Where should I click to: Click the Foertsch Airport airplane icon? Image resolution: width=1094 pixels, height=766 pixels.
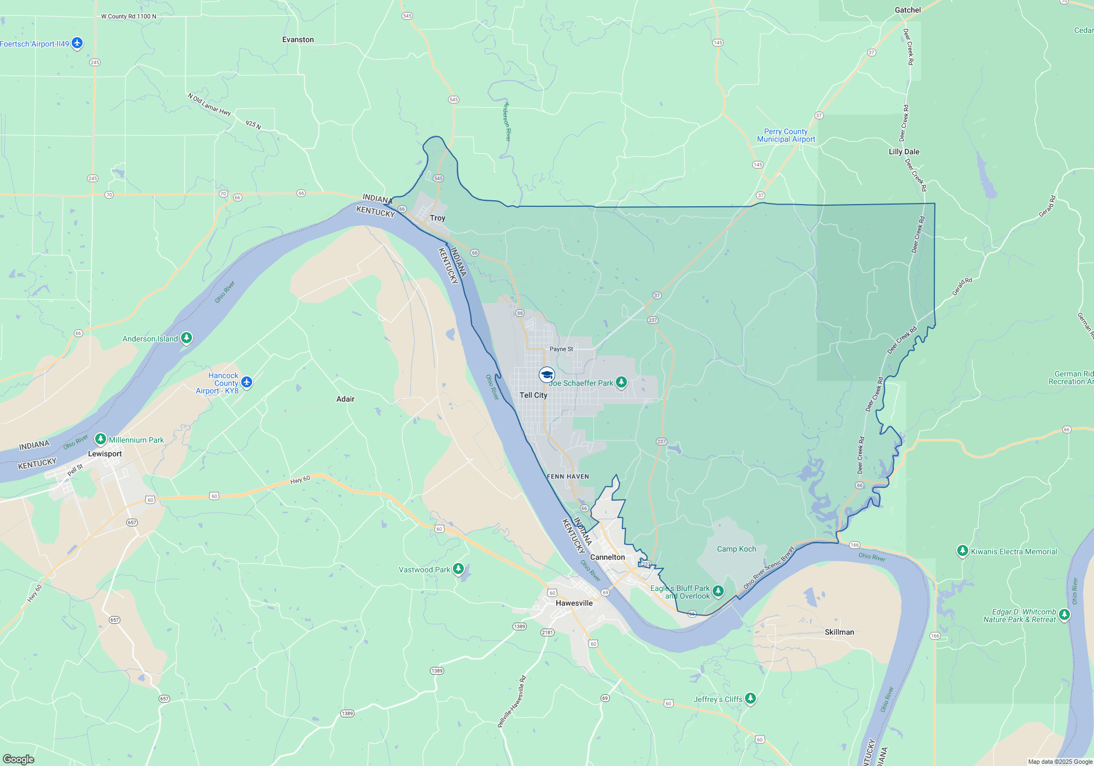[x=77, y=43]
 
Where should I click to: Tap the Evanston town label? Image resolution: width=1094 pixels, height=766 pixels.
[x=298, y=39]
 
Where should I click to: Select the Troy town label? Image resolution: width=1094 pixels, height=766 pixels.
[x=438, y=218]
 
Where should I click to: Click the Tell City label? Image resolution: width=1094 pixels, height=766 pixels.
[x=533, y=395]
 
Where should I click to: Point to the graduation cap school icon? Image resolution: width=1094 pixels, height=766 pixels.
[x=546, y=375]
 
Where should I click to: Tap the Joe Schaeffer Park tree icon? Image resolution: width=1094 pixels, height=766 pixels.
[x=621, y=382]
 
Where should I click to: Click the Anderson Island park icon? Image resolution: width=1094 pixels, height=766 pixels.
[x=187, y=338]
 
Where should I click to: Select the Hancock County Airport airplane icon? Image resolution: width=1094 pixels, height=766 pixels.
[x=247, y=382]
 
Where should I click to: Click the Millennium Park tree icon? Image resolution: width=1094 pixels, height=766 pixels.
[x=101, y=439]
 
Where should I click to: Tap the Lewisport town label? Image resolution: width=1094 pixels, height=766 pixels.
[x=105, y=454]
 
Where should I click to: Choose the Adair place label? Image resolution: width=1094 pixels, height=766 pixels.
[x=345, y=399]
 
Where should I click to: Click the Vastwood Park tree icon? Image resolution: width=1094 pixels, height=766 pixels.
[x=458, y=569]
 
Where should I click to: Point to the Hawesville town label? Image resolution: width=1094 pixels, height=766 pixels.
[x=574, y=603]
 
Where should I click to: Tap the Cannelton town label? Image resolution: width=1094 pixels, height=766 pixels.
[x=607, y=557]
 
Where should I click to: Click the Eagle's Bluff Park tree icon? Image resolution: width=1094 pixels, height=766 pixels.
[x=718, y=591]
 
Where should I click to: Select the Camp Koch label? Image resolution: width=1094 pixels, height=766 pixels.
[x=736, y=549]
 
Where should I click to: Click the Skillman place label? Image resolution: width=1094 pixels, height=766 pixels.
[x=839, y=632]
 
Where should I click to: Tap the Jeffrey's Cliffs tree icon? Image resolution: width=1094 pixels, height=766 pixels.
[x=750, y=698]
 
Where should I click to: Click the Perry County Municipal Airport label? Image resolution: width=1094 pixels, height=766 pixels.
[x=786, y=135]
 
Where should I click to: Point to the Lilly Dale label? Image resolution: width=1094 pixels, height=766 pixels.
[x=904, y=152]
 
